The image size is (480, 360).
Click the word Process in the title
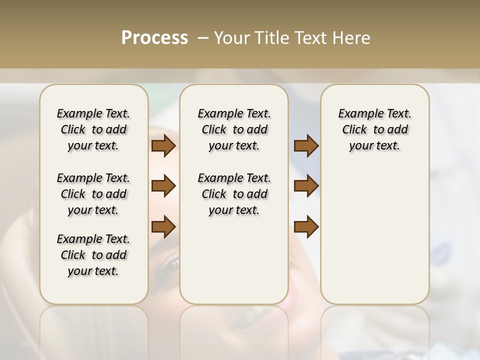[154, 38]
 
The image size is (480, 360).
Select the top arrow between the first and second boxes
[163, 146]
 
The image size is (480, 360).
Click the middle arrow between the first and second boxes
[163, 186]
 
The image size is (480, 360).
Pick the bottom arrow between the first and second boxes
[163, 226]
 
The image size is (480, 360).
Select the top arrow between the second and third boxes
[306, 146]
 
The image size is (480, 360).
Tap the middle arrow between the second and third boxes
[306, 186]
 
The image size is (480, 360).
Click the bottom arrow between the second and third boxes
[306, 226]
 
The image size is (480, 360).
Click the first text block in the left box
[93, 129]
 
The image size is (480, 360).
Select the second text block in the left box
[93, 194]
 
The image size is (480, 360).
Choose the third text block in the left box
[93, 255]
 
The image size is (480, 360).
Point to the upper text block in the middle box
[234, 129]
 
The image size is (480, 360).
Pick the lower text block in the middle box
[234, 194]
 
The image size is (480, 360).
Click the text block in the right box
[374, 129]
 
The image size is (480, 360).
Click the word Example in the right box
[356, 114]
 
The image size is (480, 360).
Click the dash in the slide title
[203, 38]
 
